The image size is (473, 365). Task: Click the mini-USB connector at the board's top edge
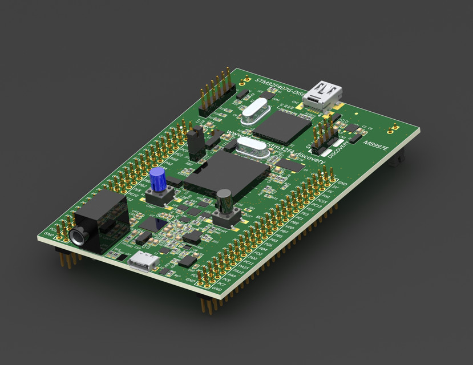[x=322, y=94]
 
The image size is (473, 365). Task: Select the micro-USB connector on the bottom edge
[x=140, y=262]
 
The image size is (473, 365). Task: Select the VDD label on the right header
[x=290, y=227]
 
